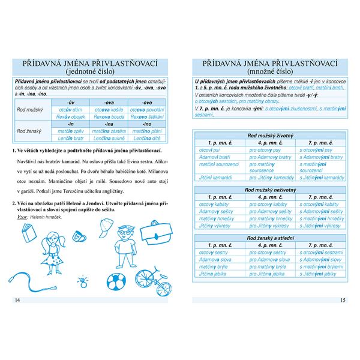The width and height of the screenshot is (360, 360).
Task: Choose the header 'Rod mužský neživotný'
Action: [x=269, y=190]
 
